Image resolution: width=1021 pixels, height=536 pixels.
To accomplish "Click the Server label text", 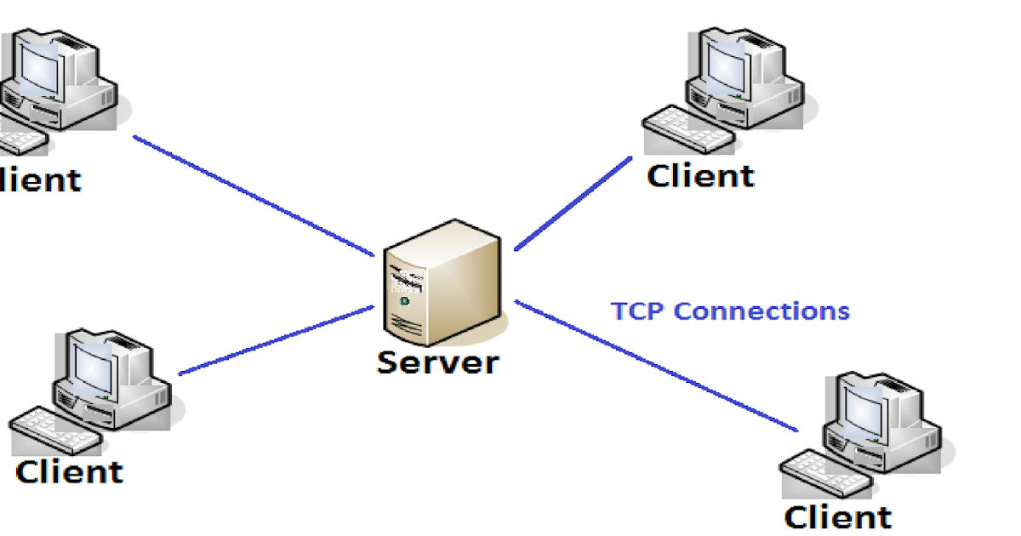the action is pos(438,363).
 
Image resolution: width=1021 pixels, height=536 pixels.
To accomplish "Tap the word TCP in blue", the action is pos(637,311).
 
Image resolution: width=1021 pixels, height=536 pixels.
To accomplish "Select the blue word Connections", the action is pos(761,311).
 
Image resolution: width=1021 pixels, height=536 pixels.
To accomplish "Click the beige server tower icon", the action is pos(442,282).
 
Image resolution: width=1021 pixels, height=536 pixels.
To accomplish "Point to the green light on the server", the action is pos(404,301).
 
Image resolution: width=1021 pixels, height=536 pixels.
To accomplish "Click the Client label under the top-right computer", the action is pos(700,176).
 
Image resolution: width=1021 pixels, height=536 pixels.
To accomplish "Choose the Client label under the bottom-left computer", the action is pos(69,471).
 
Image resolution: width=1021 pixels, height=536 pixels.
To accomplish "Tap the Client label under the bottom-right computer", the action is pos(837,517).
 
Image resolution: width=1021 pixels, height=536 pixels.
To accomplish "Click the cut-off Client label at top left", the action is pos(40,180).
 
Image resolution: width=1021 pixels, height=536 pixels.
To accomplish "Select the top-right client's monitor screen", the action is pos(727,67).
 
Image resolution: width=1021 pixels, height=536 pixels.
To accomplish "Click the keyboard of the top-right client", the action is pos(688,129).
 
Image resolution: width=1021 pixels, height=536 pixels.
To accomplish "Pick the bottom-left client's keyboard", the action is pos(55,431).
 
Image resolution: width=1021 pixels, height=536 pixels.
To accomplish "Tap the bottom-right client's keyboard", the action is pos(826,474).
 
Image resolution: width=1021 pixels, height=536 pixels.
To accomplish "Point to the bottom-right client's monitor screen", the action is pos(864,413).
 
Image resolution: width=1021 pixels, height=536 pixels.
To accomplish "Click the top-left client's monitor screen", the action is pos(39,69).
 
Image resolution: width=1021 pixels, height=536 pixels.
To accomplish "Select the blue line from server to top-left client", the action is pos(254,196).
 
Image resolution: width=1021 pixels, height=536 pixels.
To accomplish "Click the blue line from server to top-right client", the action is pos(573,203).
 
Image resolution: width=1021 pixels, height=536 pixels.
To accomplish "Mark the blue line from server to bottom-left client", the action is pos(276,340).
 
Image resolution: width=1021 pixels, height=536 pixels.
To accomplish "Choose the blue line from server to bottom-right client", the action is pos(656,366).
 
